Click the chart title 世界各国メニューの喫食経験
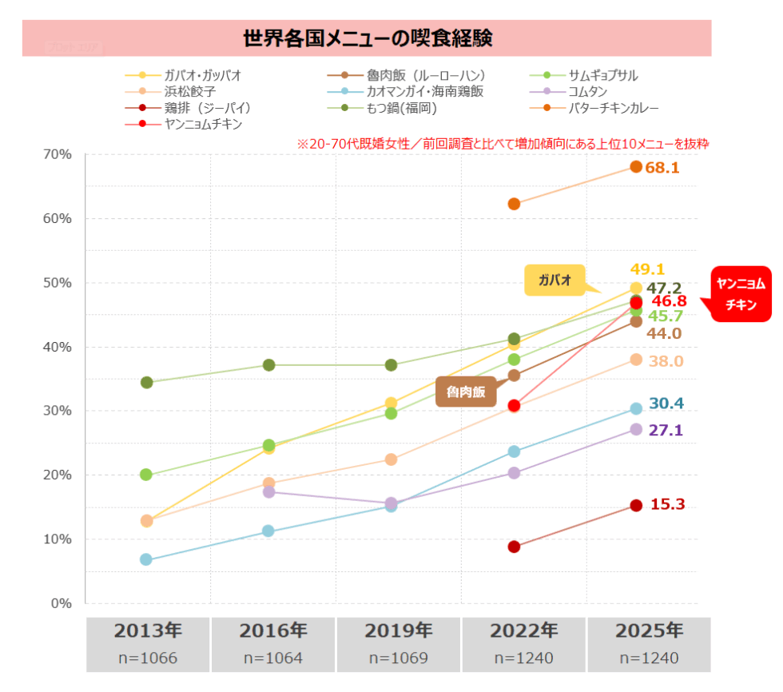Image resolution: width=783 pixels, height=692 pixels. [x=368, y=38]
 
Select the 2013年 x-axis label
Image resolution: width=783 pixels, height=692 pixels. [x=148, y=630]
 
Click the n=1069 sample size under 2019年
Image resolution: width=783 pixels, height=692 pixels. [x=399, y=658]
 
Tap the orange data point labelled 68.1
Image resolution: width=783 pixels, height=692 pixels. [x=636, y=167]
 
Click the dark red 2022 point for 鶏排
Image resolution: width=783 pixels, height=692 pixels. [x=514, y=547]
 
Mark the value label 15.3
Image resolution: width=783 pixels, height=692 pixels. [x=668, y=505]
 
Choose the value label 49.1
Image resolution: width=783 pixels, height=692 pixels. [x=647, y=269]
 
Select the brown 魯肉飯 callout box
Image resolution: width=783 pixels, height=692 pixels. [x=466, y=392]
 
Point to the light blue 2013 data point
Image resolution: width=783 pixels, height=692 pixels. [x=146, y=559]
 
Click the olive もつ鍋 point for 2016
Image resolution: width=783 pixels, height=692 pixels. [x=269, y=365]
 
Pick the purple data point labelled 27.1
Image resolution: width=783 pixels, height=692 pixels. [x=636, y=429]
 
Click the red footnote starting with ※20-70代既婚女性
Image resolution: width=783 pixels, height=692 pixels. [x=503, y=145]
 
